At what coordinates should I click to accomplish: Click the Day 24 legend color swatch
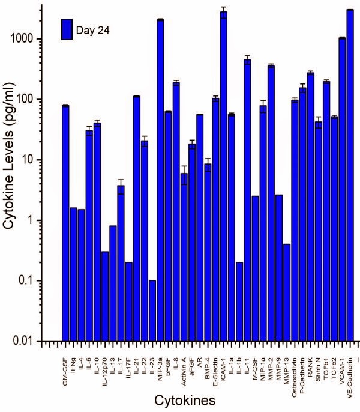[66, 28]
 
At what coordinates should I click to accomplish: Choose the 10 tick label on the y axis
[40, 160]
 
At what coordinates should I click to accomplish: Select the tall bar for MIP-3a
[160, 180]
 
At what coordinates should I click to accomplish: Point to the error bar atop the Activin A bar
[184, 173]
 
